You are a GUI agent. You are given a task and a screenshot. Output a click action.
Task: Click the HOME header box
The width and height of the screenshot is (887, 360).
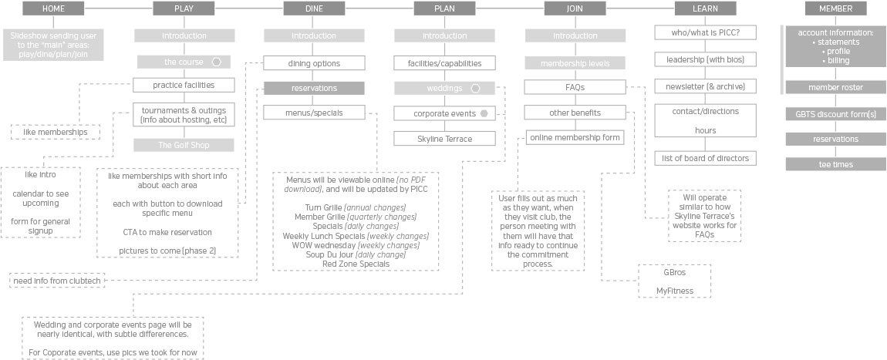click(54, 8)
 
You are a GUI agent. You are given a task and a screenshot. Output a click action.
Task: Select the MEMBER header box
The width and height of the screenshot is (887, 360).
click(835, 8)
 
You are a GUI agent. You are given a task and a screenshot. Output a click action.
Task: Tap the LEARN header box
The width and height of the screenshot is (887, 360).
click(706, 8)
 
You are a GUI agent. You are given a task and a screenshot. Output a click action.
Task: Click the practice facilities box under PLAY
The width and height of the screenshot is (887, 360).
click(184, 86)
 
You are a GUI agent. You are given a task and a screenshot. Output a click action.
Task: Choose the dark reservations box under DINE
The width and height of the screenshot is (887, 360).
click(314, 88)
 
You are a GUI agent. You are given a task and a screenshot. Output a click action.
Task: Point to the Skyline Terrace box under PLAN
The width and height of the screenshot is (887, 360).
click(444, 139)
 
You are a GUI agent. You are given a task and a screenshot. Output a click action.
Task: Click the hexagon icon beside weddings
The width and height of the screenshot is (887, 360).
click(476, 88)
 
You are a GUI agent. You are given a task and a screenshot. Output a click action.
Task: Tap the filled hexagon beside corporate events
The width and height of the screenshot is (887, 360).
click(484, 113)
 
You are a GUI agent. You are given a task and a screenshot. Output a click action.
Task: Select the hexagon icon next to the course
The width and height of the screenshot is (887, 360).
click(216, 62)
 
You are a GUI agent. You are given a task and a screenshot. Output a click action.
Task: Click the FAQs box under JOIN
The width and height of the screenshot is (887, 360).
click(575, 88)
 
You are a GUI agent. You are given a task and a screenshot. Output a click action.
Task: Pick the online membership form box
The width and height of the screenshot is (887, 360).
click(575, 137)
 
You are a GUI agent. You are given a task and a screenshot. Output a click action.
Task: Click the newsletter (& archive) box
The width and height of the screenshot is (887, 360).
click(706, 86)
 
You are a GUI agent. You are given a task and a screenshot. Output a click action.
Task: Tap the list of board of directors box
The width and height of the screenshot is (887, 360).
click(706, 158)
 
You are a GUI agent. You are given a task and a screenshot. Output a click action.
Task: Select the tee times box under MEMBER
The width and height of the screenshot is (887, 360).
click(835, 164)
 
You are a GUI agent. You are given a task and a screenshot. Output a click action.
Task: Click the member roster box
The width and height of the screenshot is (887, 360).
click(835, 88)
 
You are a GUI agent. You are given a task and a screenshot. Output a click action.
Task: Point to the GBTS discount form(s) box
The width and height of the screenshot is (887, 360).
click(835, 114)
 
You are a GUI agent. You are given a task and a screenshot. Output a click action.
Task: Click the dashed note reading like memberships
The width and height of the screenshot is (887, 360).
click(56, 133)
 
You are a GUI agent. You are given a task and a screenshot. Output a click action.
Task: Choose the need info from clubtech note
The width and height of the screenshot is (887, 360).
click(57, 280)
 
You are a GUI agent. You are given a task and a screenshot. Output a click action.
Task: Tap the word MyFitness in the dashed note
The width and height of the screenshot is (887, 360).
click(674, 291)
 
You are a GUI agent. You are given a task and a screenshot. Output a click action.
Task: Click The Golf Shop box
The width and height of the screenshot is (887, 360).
click(184, 145)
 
